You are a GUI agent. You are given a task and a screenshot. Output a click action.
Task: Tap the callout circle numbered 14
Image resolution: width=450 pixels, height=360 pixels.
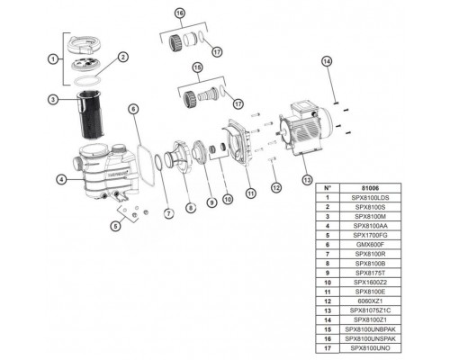(327, 61)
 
